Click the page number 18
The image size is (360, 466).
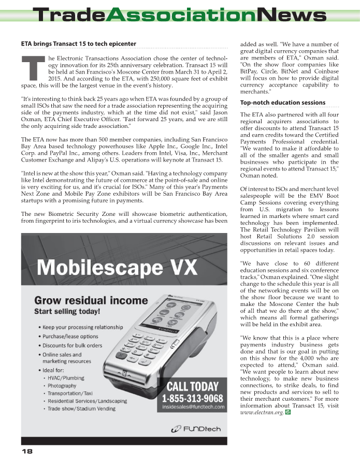(x=27, y=452)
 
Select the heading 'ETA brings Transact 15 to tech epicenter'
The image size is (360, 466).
(x=78, y=44)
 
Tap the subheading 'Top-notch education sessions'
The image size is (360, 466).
(x=283, y=103)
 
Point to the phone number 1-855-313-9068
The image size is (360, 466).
(x=193, y=398)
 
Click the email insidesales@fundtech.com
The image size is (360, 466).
(x=193, y=407)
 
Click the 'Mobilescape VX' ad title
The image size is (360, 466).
(x=117, y=268)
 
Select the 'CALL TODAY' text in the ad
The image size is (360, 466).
(x=192, y=386)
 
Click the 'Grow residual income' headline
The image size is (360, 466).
(x=91, y=300)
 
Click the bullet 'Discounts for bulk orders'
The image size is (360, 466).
(x=73, y=345)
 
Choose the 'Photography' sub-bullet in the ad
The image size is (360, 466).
(x=62, y=386)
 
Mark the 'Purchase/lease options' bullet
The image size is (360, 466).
(x=70, y=336)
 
